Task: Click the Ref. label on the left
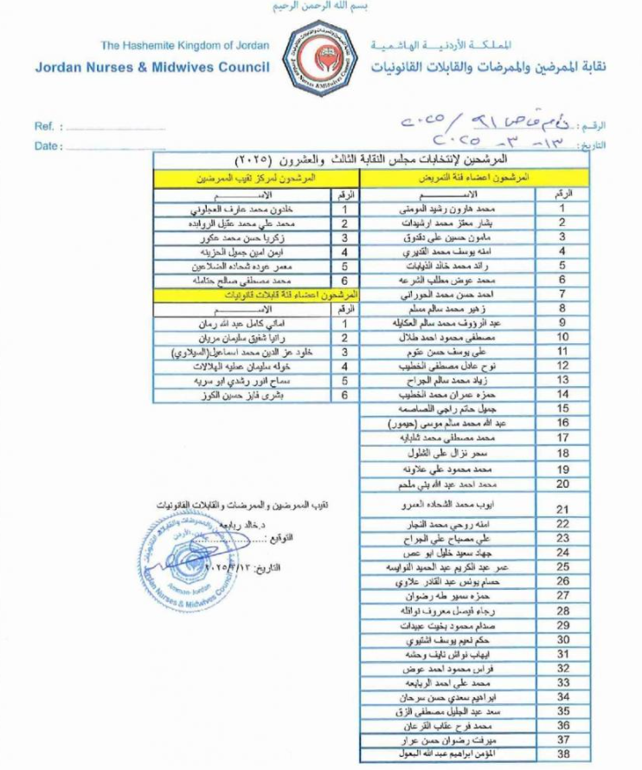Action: tap(45, 126)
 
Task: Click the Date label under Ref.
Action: tap(48, 146)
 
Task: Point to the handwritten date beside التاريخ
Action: tap(485, 141)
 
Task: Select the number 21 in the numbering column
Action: tap(562, 509)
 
